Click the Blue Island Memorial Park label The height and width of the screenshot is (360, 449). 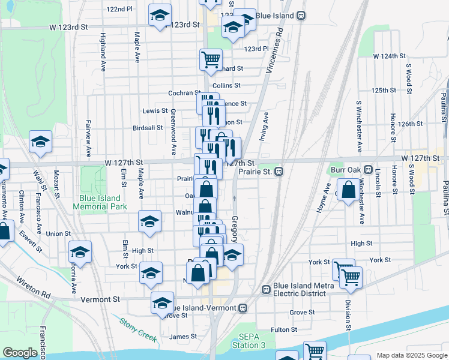coord(100,202)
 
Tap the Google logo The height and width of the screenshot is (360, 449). coord(19,353)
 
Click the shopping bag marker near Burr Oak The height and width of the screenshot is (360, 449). coord(348,190)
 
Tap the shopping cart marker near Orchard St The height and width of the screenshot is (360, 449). coord(211,59)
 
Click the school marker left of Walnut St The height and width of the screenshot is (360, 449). coord(149,221)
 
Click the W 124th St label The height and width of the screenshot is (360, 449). coord(389,56)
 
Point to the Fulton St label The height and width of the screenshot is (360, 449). coord(284,329)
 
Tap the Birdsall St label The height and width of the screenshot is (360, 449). coord(148,127)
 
